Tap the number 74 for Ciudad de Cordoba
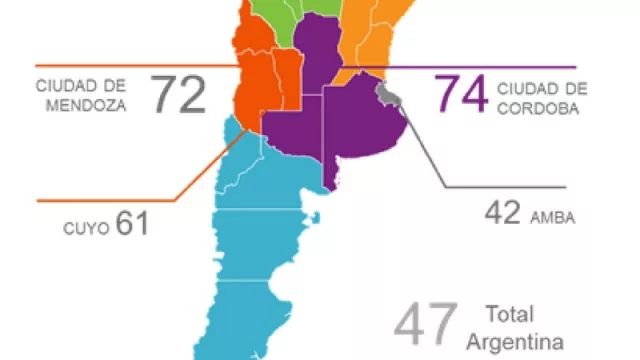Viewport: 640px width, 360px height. pos(460,96)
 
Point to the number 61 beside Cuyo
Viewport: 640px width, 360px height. pos(131,222)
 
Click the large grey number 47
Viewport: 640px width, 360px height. pos(426,323)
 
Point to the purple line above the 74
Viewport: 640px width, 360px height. pos(480,68)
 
